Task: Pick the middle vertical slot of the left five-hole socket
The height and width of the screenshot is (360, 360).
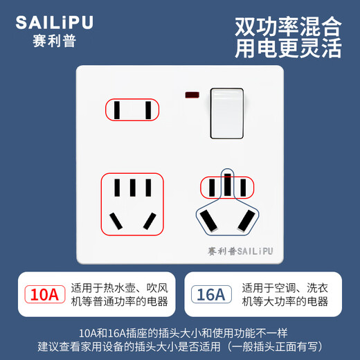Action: point(132,188)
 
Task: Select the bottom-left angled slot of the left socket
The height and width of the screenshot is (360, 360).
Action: point(116,221)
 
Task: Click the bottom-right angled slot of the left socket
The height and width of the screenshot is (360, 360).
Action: point(147,221)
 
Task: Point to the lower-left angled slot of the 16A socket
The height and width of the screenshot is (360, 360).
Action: point(208,220)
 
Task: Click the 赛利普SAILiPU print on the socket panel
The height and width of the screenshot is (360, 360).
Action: point(239,252)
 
